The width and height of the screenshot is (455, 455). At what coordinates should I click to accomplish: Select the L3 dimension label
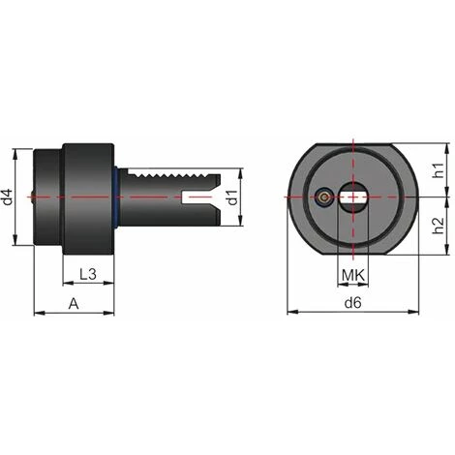click(87, 274)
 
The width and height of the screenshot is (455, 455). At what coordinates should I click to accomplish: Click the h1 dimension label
click(439, 171)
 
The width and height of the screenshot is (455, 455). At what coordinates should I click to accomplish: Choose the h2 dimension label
click(439, 228)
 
